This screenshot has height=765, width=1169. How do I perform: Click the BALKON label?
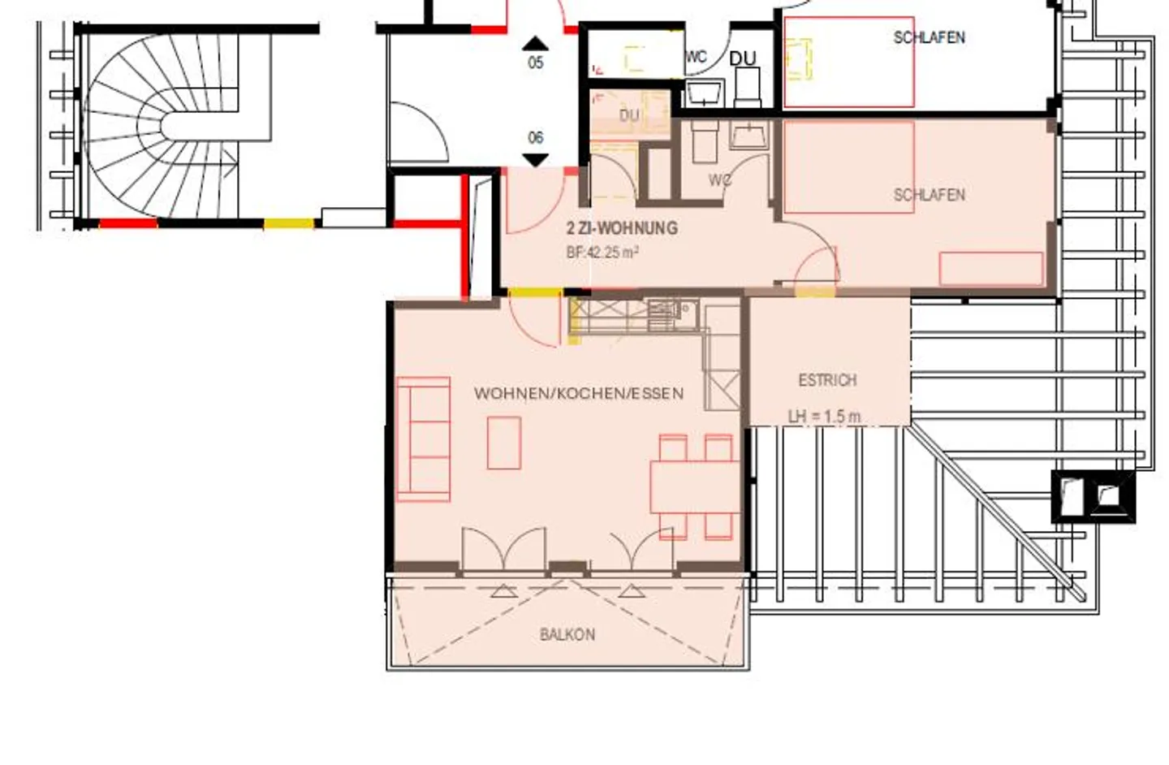[x=567, y=634]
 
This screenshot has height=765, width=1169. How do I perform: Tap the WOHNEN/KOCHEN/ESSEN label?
[x=578, y=394]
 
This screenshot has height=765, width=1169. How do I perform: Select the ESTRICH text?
[x=827, y=380]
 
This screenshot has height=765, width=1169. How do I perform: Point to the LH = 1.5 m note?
[x=824, y=417]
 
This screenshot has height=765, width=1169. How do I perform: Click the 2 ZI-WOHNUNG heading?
[x=622, y=228]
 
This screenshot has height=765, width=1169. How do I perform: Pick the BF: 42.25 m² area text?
[x=602, y=253]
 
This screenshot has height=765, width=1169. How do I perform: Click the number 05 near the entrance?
[x=536, y=63]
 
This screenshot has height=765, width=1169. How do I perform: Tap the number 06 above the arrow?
[x=536, y=138]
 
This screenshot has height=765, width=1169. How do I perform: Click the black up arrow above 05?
[x=535, y=44]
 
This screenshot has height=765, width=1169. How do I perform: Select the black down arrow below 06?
[x=535, y=160]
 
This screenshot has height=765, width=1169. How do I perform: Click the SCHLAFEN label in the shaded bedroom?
[x=929, y=195]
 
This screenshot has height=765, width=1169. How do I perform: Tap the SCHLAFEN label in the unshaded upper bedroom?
[x=929, y=37]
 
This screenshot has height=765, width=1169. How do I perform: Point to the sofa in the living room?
[x=423, y=439]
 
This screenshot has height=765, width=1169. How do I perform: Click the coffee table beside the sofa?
[x=504, y=443]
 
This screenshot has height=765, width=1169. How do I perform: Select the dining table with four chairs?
[x=694, y=487]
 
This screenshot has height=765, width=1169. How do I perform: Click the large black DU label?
[x=742, y=58]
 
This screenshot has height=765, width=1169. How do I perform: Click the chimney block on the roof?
[x=1093, y=495]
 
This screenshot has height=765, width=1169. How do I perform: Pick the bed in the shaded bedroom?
[x=849, y=167]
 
